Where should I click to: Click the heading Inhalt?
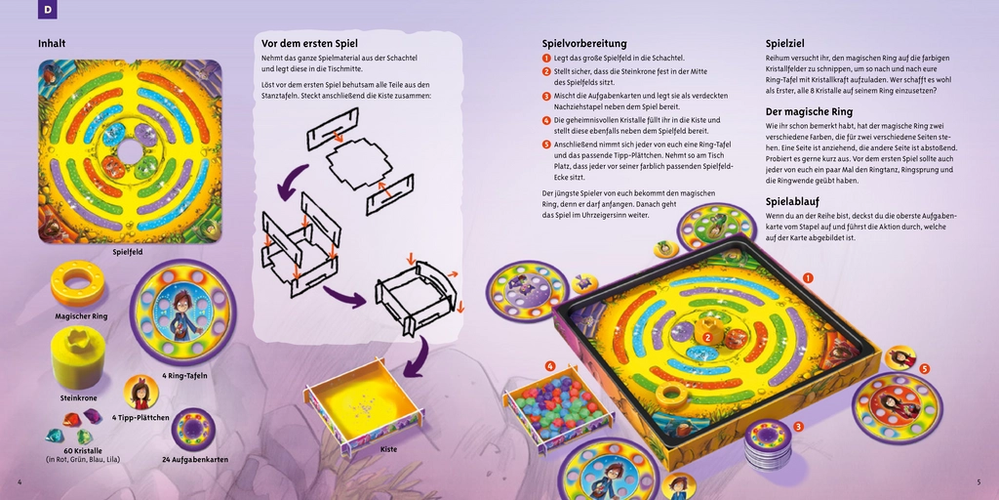[x=52, y=44]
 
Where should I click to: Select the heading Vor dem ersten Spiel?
[x=309, y=44]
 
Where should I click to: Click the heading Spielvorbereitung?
[x=584, y=44]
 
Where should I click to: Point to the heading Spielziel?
[x=785, y=44]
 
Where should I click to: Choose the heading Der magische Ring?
[x=809, y=111]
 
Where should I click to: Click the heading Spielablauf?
[x=797, y=201]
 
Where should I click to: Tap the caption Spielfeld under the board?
[x=129, y=252]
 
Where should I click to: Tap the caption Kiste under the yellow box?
[x=389, y=449]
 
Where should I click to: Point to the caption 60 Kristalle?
[x=82, y=449]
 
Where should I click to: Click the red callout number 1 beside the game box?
[x=808, y=278]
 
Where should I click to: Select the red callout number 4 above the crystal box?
[x=550, y=365]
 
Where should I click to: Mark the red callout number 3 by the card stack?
[x=798, y=427]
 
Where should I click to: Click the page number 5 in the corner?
[x=979, y=481]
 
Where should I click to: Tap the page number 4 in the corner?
[x=20, y=481]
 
